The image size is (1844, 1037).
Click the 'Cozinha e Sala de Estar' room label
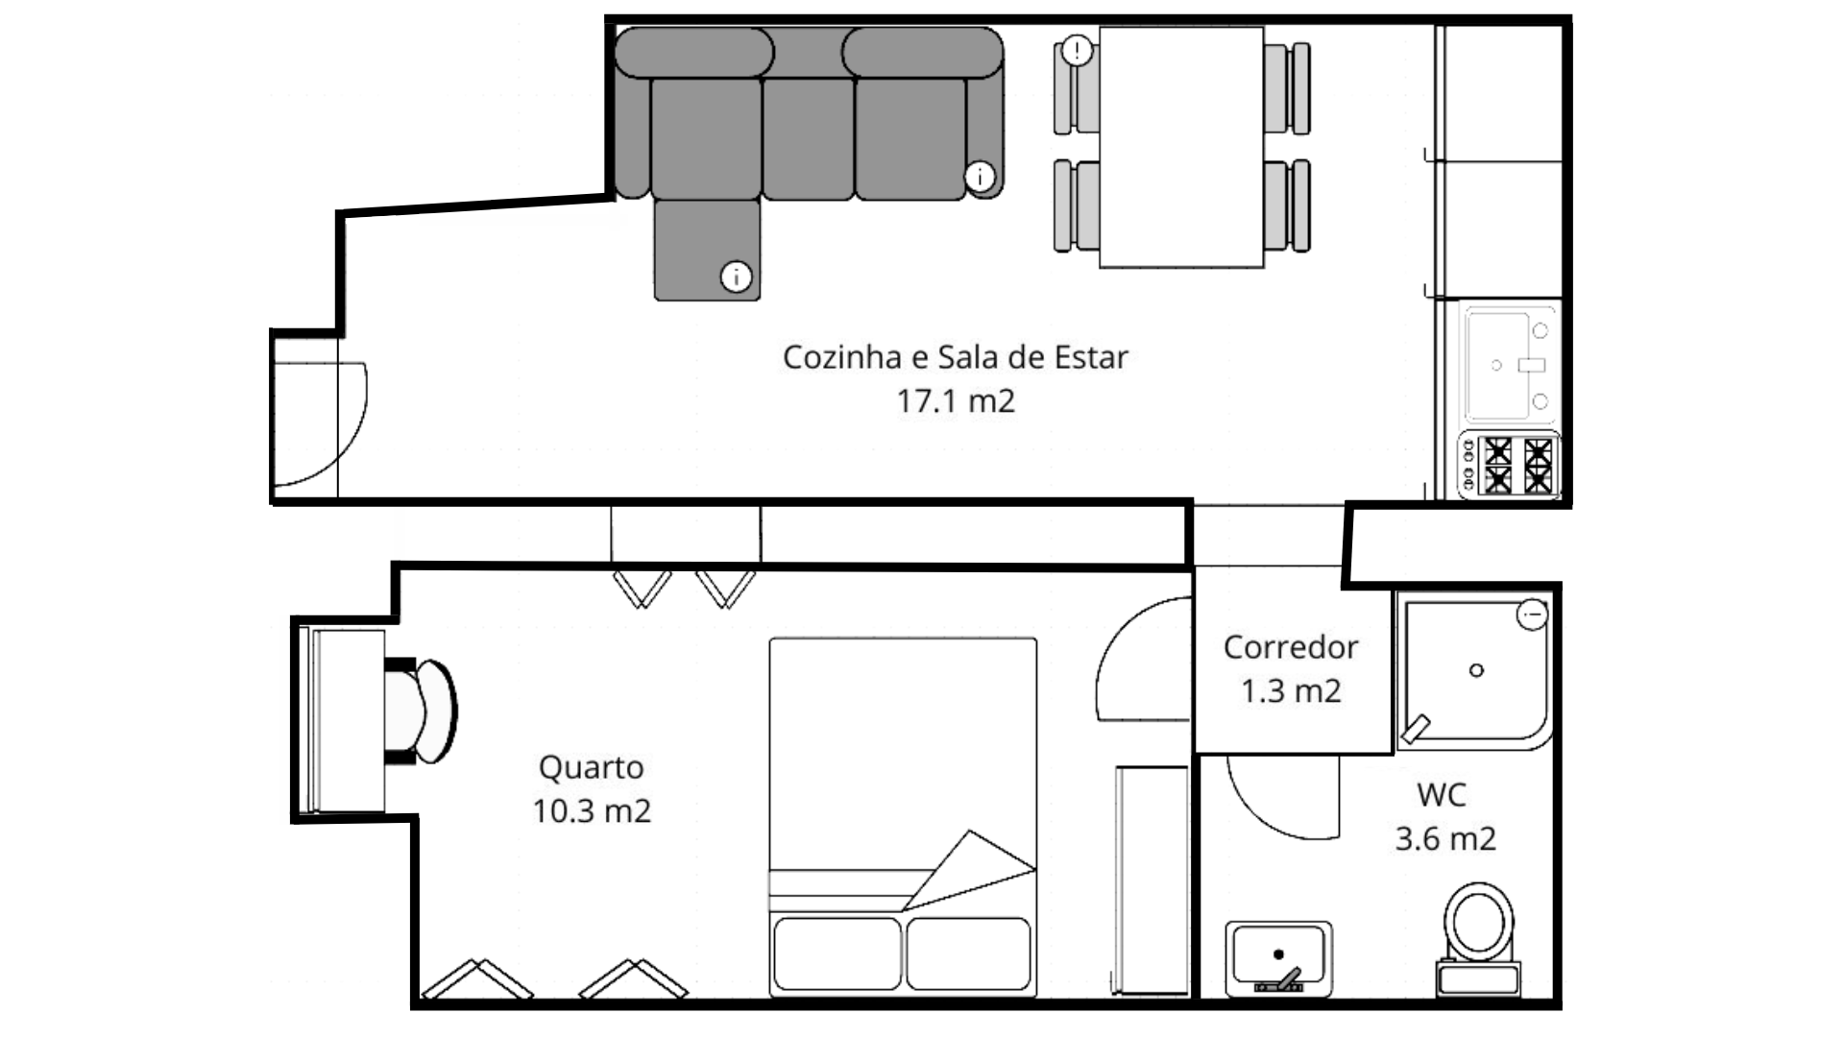pyautogui.click(x=955, y=357)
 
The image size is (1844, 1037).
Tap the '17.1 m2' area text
pyautogui.click(x=955, y=400)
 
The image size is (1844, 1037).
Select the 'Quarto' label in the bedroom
pyautogui.click(x=591, y=768)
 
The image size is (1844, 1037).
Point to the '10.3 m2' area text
pyautogui.click(x=592, y=811)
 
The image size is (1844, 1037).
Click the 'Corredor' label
pyautogui.click(x=1291, y=647)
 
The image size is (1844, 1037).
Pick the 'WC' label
pyautogui.click(x=1442, y=795)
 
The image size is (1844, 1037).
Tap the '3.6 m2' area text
pyautogui.click(x=1445, y=839)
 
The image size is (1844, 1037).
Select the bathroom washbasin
pyautogui.click(x=1278, y=958)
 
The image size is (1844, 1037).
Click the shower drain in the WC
pyautogui.click(x=1476, y=670)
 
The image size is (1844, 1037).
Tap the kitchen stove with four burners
pyautogui.click(x=1509, y=465)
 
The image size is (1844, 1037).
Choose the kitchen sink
pyautogui.click(x=1509, y=366)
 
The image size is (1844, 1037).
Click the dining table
pyautogui.click(x=1181, y=147)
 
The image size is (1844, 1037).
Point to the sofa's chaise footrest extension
pyautogui.click(x=707, y=250)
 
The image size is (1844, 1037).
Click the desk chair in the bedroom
pyautogui.click(x=421, y=711)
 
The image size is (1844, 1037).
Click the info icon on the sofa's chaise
pyautogui.click(x=736, y=277)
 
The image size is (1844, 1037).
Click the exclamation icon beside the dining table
pyautogui.click(x=1078, y=50)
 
